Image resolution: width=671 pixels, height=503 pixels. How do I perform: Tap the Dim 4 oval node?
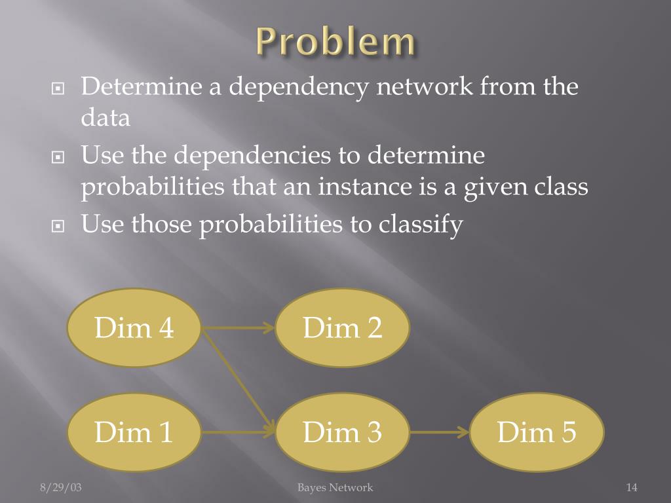coord(134,327)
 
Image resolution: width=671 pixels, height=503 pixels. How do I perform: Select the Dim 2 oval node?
coord(342,327)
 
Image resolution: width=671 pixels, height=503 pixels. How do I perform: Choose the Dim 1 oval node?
coord(134,432)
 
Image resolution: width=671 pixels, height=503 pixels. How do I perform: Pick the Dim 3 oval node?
coord(342,432)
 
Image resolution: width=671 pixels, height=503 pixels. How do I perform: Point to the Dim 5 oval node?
coord(536,432)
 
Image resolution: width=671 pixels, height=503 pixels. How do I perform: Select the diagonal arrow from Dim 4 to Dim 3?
coord(237,379)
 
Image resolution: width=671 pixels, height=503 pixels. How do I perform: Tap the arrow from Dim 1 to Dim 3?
coord(238,432)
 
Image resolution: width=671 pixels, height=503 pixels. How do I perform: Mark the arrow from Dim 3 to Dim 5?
coord(439,432)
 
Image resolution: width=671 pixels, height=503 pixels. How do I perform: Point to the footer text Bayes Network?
coord(335,487)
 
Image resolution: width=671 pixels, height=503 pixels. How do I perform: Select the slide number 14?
coord(632,487)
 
